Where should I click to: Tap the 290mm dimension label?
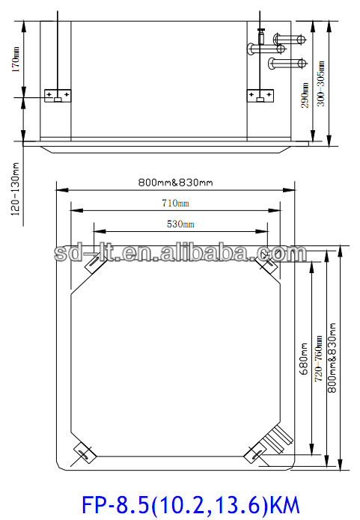coord(305,96)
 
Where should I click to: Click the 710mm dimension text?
coord(176,203)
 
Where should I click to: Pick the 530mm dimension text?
coord(180,224)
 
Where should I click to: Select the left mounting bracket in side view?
coord(58,96)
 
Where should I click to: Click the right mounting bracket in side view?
coord(260,96)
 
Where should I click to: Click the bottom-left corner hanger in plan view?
coord(82,453)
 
